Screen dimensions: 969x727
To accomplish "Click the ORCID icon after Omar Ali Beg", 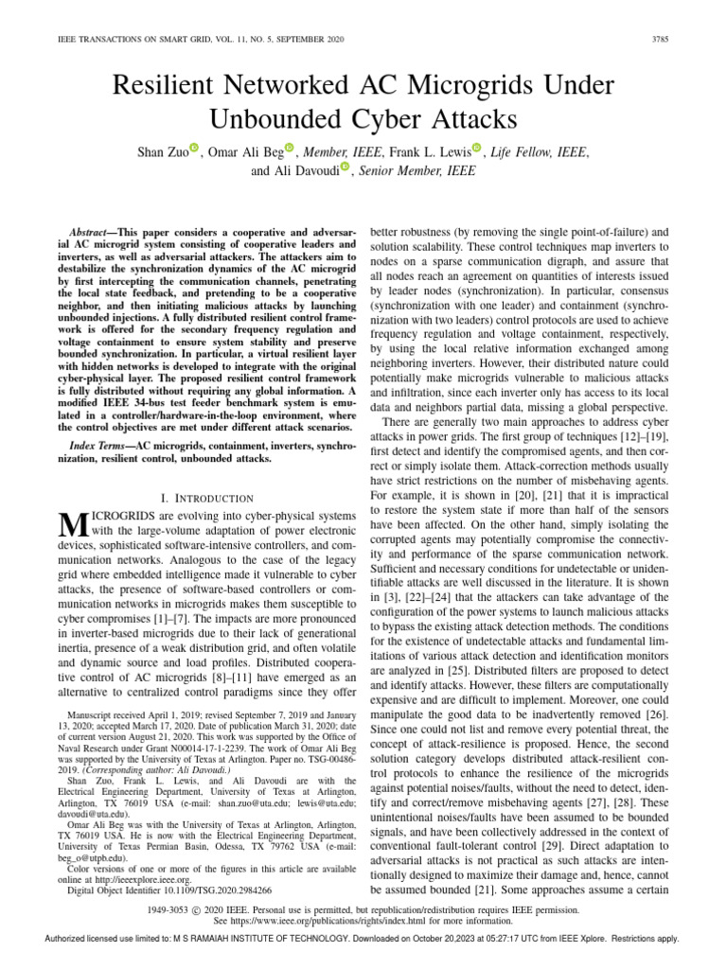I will [290, 148].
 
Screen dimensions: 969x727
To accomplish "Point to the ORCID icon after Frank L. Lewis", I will [477, 148].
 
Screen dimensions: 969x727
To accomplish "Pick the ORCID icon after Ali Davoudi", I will [346, 167].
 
